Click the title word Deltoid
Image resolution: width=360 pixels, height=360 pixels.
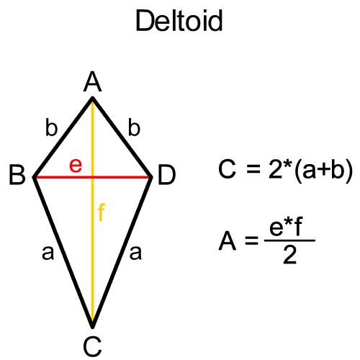pos(179,21)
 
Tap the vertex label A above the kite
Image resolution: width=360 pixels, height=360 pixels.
pos(92,82)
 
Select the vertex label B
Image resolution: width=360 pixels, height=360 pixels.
pos(17,174)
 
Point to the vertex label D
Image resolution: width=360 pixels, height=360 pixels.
pos(167,174)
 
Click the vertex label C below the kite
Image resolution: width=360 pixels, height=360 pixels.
pos(92,346)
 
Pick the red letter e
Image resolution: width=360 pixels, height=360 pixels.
pos(76,166)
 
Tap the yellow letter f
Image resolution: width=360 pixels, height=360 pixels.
pos(102,212)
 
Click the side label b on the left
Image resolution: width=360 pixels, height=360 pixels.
pos(52,127)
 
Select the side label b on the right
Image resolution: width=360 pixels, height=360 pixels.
pos(134,127)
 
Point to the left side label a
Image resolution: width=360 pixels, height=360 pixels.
pos(48,253)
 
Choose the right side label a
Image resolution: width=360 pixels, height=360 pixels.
pos(135,253)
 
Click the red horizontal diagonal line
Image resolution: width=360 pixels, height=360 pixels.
pos(92,177)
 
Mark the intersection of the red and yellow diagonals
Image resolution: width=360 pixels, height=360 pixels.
pos(92,177)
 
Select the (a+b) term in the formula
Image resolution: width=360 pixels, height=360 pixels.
pos(323,170)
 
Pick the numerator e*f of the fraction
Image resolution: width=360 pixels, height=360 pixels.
pos(286,226)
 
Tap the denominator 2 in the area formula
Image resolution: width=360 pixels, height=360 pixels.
pos(289,255)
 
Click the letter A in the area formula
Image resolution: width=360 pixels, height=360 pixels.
pos(228,240)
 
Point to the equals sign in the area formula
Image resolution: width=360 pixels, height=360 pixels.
pos(252,240)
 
